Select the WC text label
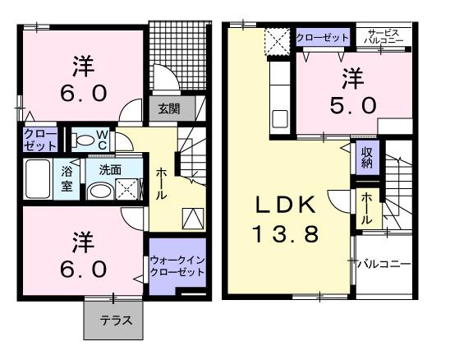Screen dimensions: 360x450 click(103, 138)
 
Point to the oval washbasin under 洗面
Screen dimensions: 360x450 click(100, 191)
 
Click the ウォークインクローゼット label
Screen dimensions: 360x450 click(177, 265)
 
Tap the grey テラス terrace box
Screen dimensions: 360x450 click(113, 321)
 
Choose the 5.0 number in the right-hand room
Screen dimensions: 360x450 click(355, 104)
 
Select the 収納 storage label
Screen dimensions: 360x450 click(366, 156)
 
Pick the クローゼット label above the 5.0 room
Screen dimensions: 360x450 click(323, 37)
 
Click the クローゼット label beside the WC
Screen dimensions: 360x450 click(39, 139)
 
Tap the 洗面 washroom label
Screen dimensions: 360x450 click(110, 170)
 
